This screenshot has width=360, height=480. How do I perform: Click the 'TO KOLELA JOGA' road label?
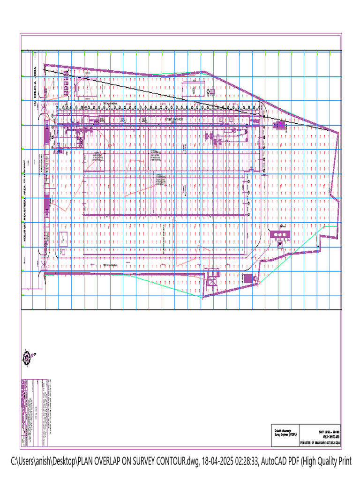click(x=34, y=87)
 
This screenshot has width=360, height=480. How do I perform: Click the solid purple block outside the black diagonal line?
click(x=281, y=126)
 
